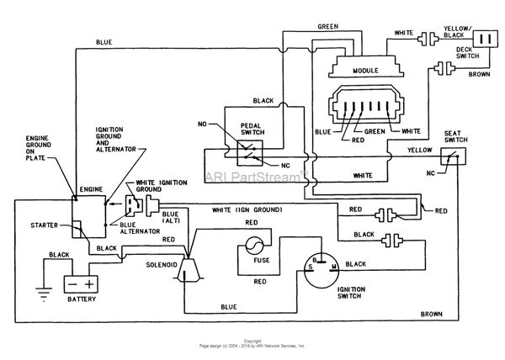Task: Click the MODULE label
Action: pyautogui.click(x=365, y=71)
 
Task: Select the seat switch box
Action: pyautogui.click(x=452, y=157)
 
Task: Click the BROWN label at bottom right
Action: pyautogui.click(x=433, y=314)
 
